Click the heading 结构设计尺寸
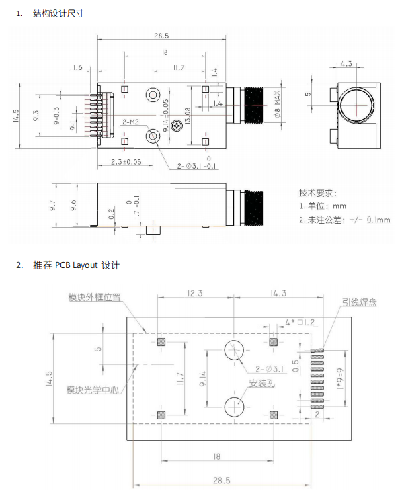point(58,13)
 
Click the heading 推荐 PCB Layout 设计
point(76,265)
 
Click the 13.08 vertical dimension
point(188,114)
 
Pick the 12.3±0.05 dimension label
point(125,161)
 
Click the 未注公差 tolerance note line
point(343,220)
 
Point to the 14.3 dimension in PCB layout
point(278,293)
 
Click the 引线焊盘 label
point(359,302)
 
